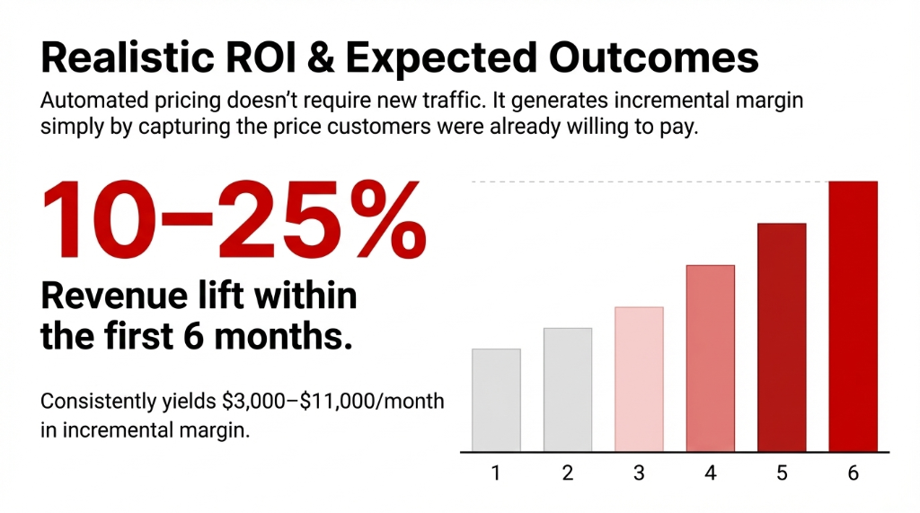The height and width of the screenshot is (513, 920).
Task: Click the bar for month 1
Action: [x=496, y=400]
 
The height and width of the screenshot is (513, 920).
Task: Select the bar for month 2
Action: [x=567, y=389]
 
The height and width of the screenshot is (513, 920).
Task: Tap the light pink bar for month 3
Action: [x=639, y=378]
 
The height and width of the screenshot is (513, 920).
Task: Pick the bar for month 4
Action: [x=711, y=358]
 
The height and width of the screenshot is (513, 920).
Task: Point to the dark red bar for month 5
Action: [x=782, y=337]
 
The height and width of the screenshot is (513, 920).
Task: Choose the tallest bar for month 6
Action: [x=853, y=316]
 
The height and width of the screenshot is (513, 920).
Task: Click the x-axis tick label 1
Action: [x=496, y=473]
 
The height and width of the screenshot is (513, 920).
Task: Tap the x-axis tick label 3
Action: [x=639, y=473]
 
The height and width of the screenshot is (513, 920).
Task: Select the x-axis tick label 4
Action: [x=711, y=473]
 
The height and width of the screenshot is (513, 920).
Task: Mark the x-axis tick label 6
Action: [x=853, y=473]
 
